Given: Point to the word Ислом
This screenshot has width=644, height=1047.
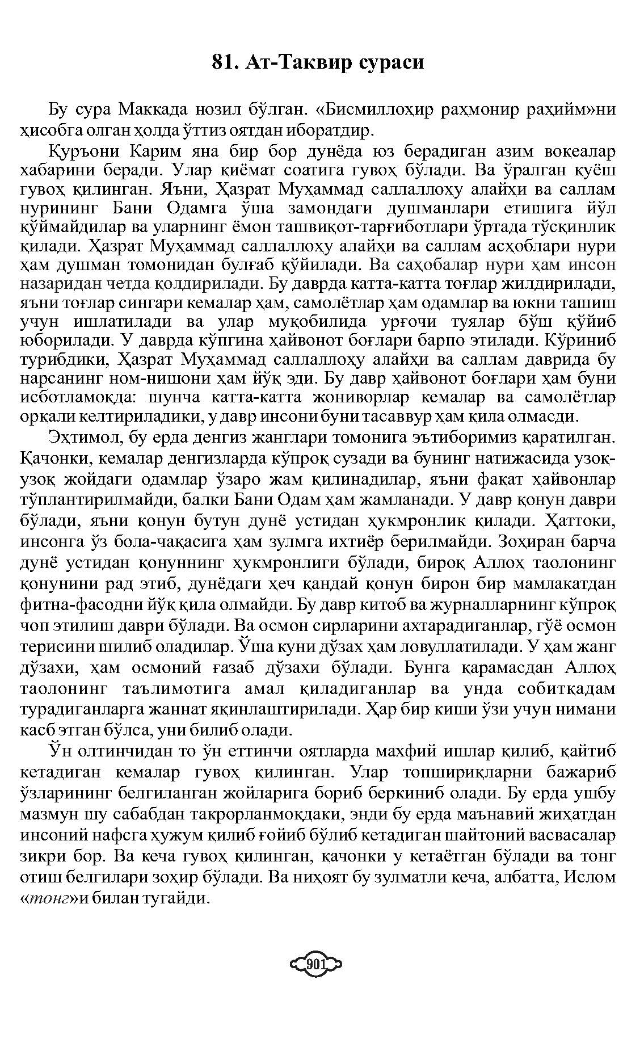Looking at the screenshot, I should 592,877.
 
